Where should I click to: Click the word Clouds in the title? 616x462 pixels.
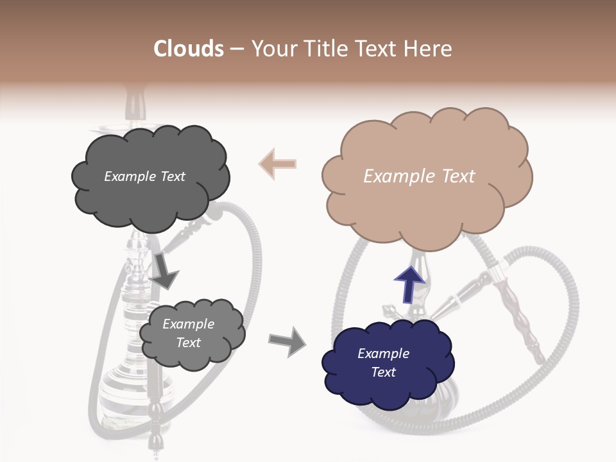pos(189,49)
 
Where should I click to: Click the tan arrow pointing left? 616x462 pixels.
pos(277,163)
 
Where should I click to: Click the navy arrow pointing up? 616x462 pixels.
pos(409,284)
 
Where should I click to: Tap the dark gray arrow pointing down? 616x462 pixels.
pos(164,270)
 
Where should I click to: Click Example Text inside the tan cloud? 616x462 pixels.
pos(419,176)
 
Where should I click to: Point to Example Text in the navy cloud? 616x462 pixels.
pos(383,363)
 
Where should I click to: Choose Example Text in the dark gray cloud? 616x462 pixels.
pos(144,176)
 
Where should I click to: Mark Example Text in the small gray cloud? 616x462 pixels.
pos(188,333)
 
